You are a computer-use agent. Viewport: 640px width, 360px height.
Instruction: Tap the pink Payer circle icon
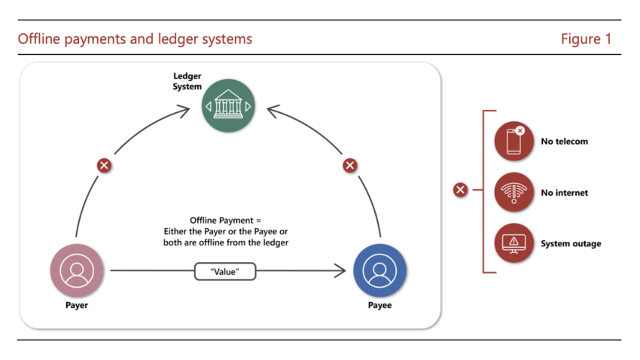click(x=77, y=270)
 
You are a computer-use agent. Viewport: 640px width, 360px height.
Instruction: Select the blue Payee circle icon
click(x=379, y=270)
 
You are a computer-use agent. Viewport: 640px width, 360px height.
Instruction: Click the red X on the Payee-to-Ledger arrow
click(x=349, y=165)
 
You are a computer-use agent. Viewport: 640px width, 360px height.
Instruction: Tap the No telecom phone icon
click(x=514, y=141)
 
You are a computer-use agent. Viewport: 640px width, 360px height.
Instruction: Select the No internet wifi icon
click(x=514, y=192)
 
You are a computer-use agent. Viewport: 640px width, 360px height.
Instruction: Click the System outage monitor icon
click(x=514, y=243)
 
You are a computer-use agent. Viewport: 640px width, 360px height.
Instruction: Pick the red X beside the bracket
click(x=460, y=190)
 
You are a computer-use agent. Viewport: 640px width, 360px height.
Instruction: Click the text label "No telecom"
click(x=564, y=141)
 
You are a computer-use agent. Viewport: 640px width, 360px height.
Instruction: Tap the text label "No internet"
click(x=564, y=193)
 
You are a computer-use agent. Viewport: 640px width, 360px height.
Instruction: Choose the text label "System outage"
click(x=571, y=244)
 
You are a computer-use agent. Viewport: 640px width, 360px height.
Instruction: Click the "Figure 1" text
click(x=586, y=38)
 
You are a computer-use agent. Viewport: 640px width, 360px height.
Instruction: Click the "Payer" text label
click(x=77, y=306)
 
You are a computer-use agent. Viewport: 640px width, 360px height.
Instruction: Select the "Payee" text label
click(x=379, y=306)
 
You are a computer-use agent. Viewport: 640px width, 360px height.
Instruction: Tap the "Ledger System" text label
click(x=187, y=81)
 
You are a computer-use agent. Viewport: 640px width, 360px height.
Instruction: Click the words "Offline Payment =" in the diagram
click(x=226, y=221)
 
